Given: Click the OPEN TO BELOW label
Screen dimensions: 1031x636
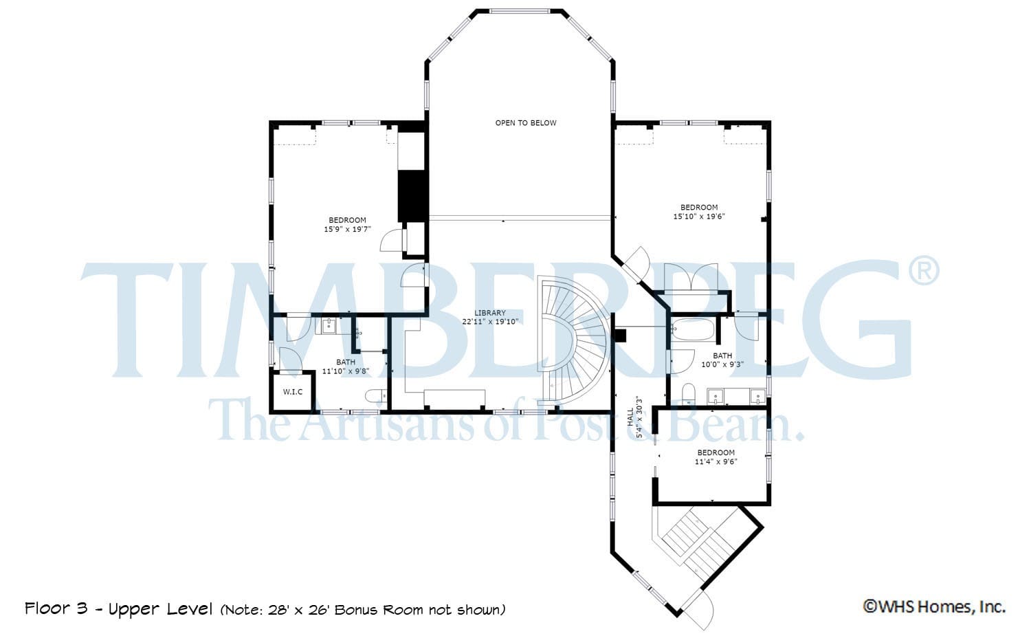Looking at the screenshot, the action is tap(526, 123).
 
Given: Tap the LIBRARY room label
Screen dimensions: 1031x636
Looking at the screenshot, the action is tap(490, 313).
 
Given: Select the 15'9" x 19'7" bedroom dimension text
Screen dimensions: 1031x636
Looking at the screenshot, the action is tap(348, 229).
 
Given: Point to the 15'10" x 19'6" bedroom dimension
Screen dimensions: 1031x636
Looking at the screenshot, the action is tap(699, 216).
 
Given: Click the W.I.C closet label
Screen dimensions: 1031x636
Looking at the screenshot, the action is tap(293, 392).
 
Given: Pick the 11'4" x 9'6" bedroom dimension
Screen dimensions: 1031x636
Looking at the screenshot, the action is tap(716, 461).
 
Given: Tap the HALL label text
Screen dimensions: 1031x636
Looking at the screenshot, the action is tap(630, 417).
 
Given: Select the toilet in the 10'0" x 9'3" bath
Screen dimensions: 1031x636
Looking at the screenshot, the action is tap(689, 394).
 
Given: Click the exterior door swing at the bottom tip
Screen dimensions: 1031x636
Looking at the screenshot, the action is tap(700, 610).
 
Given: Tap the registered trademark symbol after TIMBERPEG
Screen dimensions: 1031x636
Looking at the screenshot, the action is tap(924, 272).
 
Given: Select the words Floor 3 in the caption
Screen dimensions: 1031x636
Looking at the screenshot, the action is tap(56, 608).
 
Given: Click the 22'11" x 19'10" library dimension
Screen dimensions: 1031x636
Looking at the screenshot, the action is tap(490, 322).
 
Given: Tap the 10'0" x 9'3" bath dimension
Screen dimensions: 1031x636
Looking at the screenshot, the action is tap(722, 364).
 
